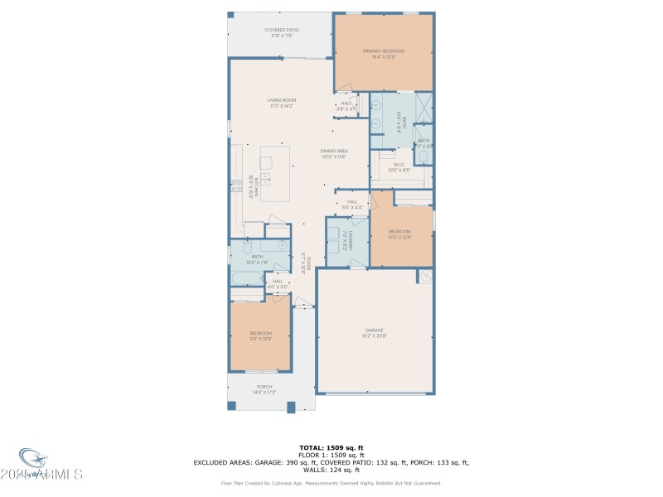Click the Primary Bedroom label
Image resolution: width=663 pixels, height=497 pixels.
[384, 51]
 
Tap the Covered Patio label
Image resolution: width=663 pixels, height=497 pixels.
[283, 30]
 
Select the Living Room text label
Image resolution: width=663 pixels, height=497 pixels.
[282, 100]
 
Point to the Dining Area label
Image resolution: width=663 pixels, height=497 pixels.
[334, 151]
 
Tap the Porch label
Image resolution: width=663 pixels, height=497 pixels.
[264, 387]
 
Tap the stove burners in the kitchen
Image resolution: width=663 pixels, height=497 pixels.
[234, 186]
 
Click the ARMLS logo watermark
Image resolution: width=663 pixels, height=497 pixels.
[50, 468]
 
